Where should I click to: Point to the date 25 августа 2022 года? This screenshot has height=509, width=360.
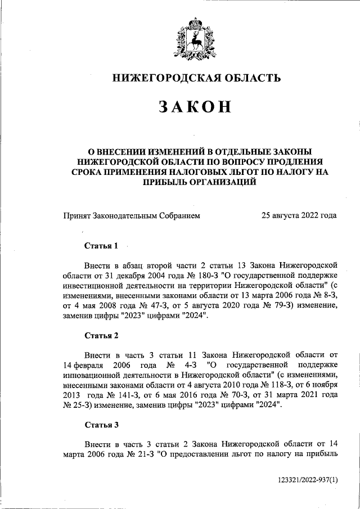299,215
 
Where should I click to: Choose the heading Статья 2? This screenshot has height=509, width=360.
101,336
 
